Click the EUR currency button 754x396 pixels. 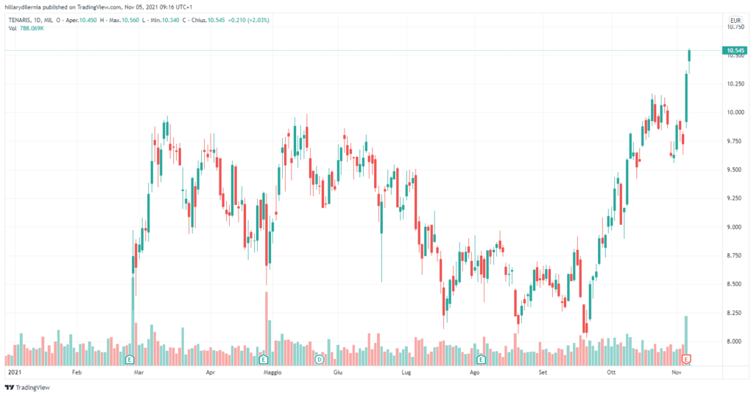pos(734,20)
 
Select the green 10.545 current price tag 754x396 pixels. pos(735,51)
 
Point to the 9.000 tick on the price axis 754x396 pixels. pos(734,227)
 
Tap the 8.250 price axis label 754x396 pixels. pos(734,313)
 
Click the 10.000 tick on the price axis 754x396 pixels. pos(734,113)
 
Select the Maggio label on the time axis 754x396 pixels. pos(274,373)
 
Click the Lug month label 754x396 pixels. pos(405,373)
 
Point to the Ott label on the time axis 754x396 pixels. pos(610,373)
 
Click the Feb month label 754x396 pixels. pos(77,373)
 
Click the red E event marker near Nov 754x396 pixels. pos(686,359)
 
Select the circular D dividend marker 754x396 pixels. pos(320,359)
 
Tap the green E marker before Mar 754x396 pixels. pos(130,359)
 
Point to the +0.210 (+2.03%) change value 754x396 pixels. pos(247,20)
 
